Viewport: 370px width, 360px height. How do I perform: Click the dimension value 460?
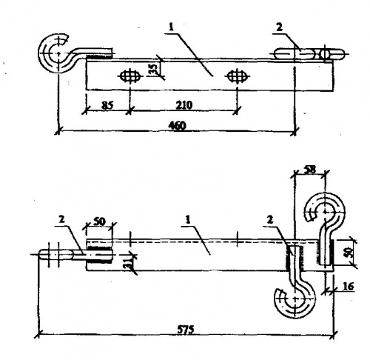177,126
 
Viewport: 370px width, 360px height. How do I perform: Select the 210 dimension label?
184,105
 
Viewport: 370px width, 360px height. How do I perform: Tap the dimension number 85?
107,106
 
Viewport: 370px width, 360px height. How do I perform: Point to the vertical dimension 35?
153,69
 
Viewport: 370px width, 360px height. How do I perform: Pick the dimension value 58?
310,170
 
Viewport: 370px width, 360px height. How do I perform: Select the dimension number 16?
348,287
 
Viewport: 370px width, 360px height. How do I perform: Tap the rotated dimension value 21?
132,263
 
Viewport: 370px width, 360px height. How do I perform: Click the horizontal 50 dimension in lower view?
99,221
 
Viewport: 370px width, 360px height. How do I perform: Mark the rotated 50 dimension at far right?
350,252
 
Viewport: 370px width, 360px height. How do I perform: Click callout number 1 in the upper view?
171,27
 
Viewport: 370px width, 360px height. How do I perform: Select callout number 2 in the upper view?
279,27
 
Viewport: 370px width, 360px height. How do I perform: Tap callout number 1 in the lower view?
188,220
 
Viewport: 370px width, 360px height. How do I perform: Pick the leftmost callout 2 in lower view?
61,219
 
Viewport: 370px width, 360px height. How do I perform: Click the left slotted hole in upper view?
129,76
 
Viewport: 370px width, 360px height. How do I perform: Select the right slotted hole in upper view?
238,76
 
